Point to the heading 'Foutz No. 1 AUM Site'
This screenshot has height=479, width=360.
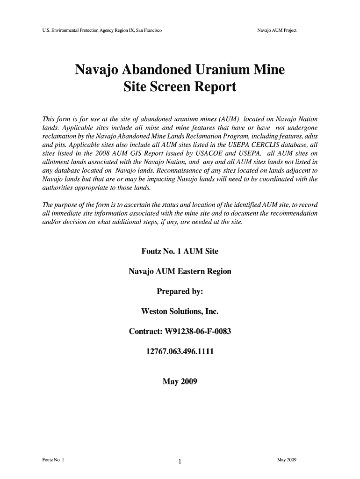click(x=180, y=252)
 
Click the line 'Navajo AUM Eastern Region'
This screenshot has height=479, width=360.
click(x=180, y=271)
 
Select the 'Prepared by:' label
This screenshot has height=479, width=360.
click(x=180, y=291)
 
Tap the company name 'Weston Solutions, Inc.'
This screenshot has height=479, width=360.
click(x=180, y=312)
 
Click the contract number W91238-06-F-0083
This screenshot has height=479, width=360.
click(x=180, y=332)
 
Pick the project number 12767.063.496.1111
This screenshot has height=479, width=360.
click(x=180, y=352)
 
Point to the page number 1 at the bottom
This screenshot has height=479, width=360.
click(x=180, y=463)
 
